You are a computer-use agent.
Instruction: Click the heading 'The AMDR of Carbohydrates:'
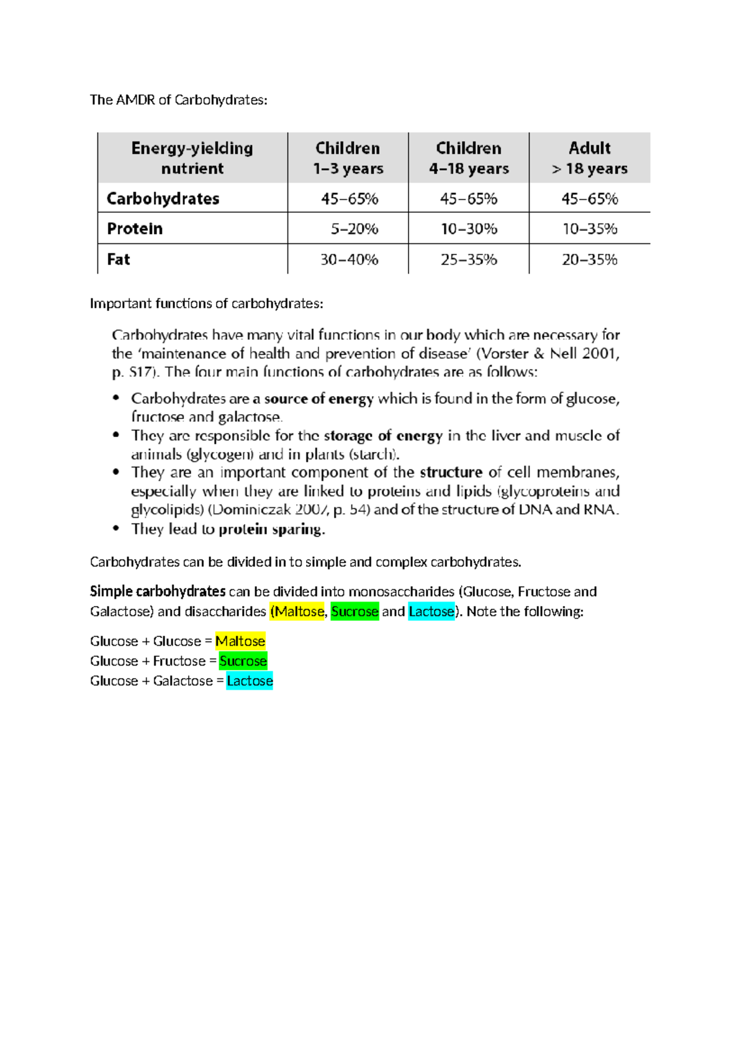coord(178,100)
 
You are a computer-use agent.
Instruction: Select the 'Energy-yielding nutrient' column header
coord(192,158)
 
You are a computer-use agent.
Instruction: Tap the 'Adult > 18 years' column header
coord(589,158)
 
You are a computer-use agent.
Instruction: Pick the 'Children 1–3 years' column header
coord(348,158)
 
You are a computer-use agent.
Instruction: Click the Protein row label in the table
coord(135,228)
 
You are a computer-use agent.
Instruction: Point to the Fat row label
coord(119,259)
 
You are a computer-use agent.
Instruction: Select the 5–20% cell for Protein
coord(354,229)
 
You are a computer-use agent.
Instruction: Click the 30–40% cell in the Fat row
coord(349,260)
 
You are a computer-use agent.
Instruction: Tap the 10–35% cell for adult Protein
coord(589,229)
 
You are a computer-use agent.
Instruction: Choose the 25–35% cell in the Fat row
coord(469,260)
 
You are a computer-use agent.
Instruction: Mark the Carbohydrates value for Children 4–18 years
coord(469,199)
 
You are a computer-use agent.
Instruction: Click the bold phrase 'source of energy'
coord(319,399)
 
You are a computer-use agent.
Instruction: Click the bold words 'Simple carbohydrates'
coord(158,591)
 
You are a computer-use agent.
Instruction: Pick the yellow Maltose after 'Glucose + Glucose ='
coord(240,641)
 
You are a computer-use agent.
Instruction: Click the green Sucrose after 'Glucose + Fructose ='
coord(243,661)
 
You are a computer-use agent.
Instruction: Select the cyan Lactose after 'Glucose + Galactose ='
coord(250,681)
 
